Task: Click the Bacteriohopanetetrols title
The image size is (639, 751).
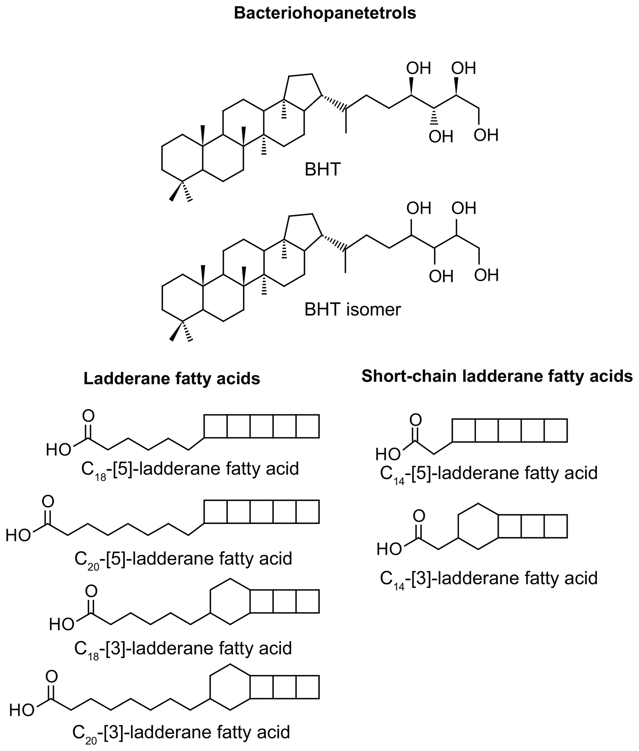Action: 325,13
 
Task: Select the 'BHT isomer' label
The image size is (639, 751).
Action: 352,310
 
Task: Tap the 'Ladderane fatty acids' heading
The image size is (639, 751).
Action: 172,379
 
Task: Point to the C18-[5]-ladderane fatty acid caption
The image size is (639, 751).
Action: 190,469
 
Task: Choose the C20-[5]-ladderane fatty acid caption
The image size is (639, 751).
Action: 183,559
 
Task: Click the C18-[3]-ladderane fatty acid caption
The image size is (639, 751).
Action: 183,648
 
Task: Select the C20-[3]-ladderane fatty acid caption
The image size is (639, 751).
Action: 181,732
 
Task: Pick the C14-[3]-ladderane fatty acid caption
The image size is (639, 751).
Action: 488,578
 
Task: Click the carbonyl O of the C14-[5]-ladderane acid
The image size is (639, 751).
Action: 415,420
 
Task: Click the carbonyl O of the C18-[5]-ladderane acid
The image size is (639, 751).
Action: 88,416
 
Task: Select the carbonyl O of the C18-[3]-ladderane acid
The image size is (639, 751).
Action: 91,591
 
